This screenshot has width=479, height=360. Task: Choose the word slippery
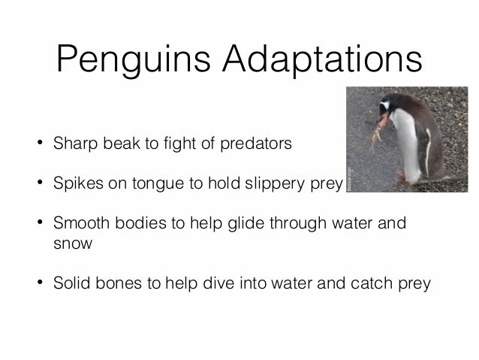click(x=277, y=183)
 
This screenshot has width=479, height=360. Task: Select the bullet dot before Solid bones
click(x=38, y=284)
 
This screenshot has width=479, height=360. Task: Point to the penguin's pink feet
click(x=402, y=177)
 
